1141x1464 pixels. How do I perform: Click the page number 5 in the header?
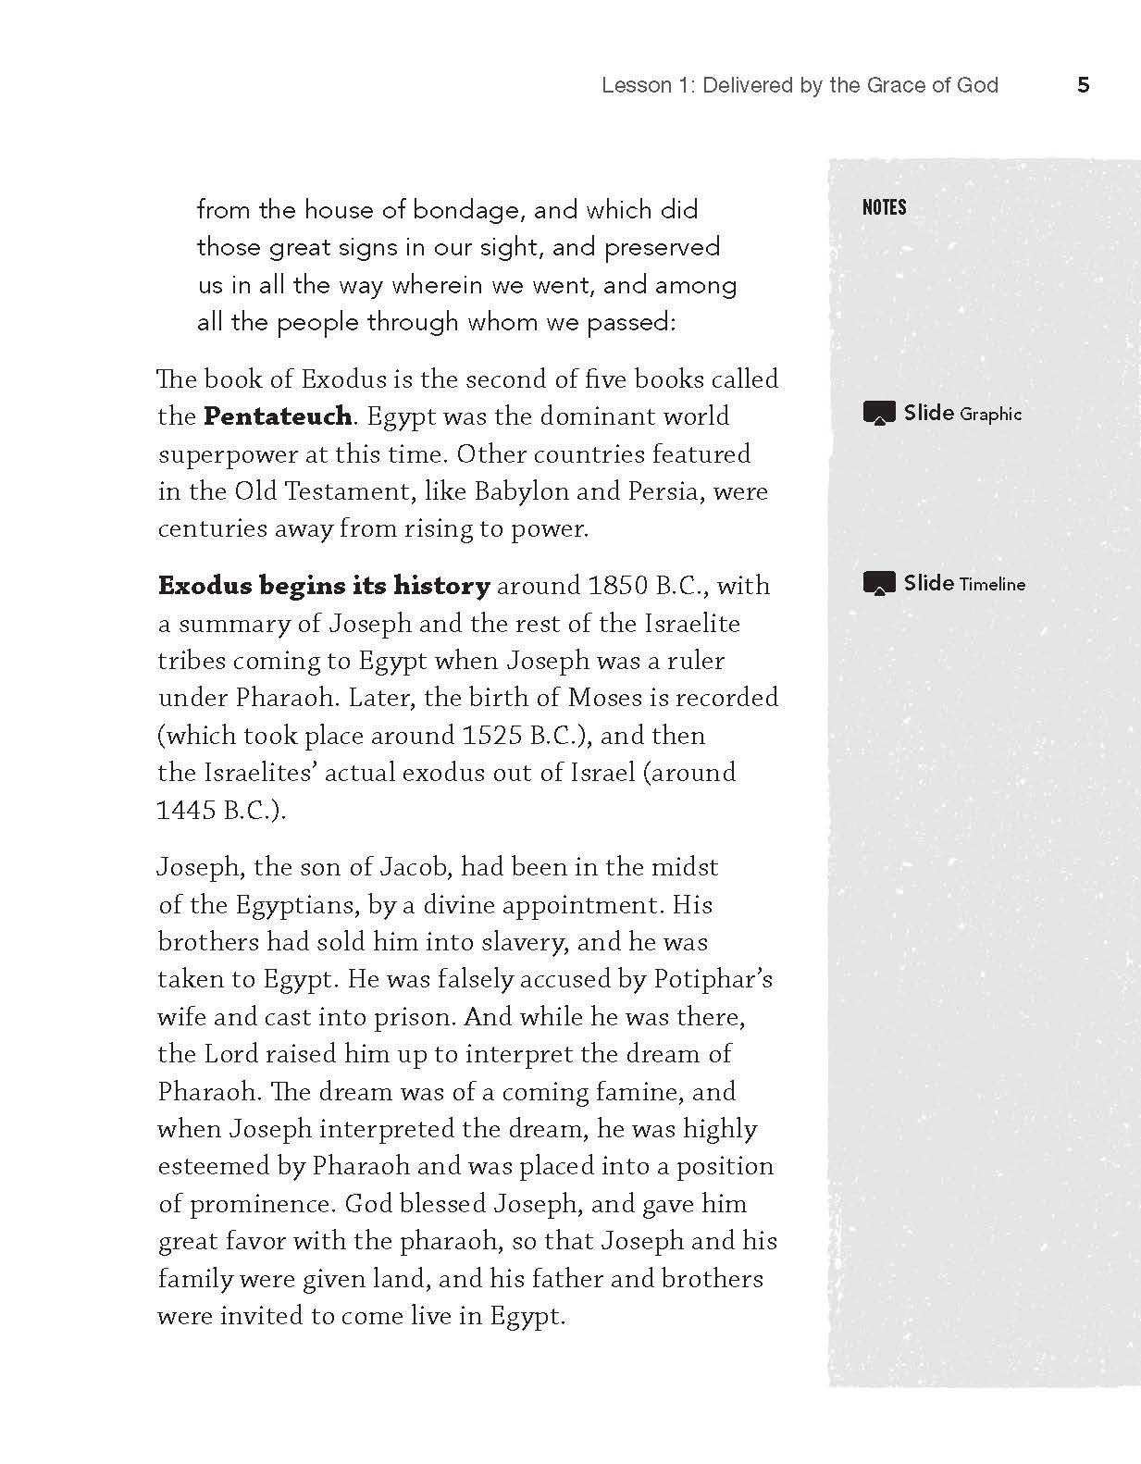click(1084, 86)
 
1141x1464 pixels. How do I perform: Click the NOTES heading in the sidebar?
click(884, 207)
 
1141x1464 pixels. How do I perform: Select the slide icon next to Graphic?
click(879, 413)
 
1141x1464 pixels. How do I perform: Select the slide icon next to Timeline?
click(879, 583)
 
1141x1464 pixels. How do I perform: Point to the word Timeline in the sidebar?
click(992, 584)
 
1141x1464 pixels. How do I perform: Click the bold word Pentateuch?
click(278, 416)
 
